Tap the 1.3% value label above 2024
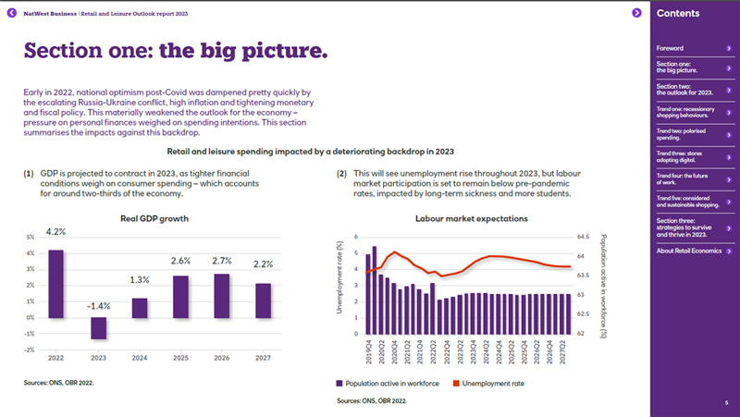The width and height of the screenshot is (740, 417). [139, 280]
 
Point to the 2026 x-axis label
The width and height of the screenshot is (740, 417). [222, 357]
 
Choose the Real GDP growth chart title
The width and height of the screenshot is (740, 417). [154, 219]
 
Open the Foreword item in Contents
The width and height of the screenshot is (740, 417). [670, 48]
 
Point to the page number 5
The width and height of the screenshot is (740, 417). [727, 402]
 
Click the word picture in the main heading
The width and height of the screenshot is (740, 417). [277, 50]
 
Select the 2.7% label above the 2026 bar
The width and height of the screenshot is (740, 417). [222, 262]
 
